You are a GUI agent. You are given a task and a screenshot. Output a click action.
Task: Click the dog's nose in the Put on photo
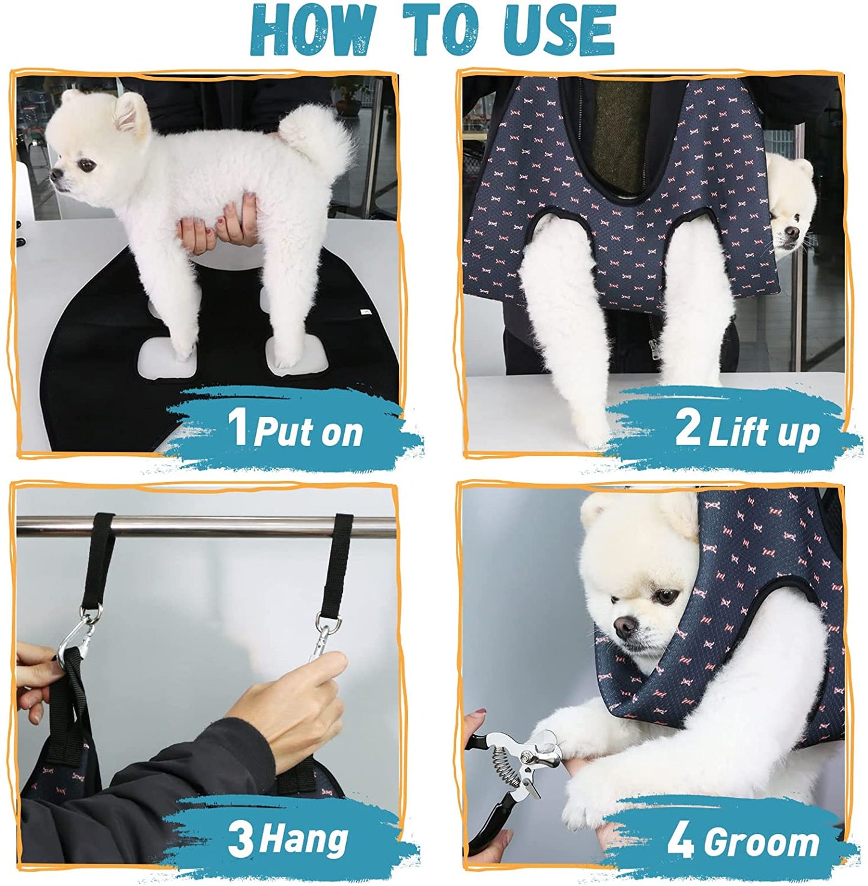[56, 175]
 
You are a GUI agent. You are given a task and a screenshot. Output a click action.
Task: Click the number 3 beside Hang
[240, 840]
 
